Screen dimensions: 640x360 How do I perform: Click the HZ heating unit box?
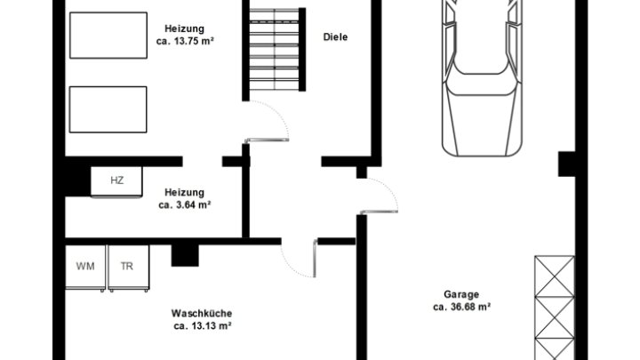(116, 181)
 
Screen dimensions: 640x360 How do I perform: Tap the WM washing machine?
(85, 268)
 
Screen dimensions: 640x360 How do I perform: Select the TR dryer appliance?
(128, 268)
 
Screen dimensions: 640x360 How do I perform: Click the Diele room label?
(335, 37)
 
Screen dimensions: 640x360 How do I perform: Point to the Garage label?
(461, 294)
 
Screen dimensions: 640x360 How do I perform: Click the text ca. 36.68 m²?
(461, 307)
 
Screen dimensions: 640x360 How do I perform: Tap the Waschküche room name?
(202, 314)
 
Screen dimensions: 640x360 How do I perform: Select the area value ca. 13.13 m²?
(203, 326)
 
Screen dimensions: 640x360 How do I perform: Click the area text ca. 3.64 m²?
(185, 205)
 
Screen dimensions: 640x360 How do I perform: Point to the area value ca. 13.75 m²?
(185, 41)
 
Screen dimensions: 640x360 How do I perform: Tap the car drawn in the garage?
(482, 77)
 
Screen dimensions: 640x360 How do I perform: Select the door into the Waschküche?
(299, 259)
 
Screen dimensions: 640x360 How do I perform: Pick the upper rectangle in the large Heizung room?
(108, 36)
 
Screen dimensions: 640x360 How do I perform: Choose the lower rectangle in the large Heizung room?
(108, 109)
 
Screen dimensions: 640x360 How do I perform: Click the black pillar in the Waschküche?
(185, 255)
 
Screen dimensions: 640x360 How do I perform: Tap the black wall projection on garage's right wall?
(567, 164)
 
